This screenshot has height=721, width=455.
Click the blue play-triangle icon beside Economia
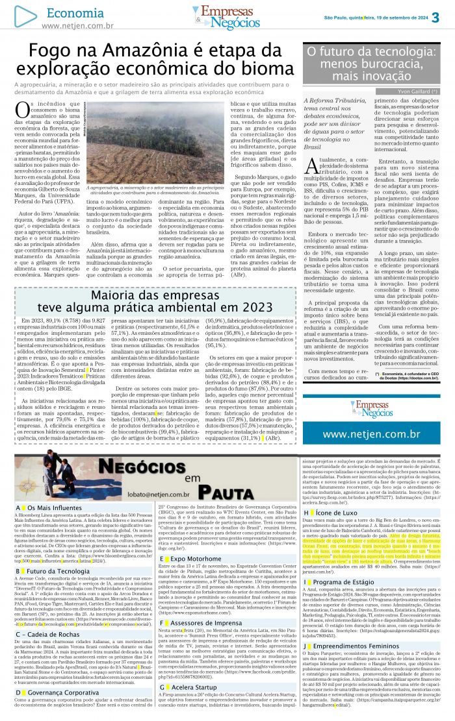coord(25,16)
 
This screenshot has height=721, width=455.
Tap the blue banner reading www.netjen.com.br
coord(371,433)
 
